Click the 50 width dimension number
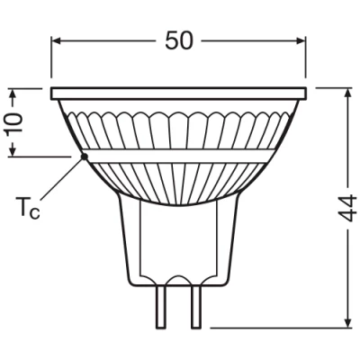point(180,41)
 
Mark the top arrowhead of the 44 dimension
point(348,94)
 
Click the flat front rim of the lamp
point(180,93)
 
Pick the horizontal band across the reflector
point(180,157)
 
